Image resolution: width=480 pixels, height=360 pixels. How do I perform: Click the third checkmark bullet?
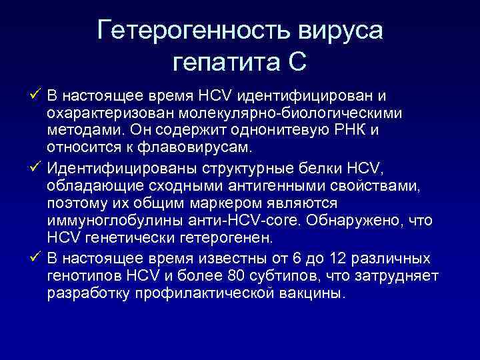coord(35,258)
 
